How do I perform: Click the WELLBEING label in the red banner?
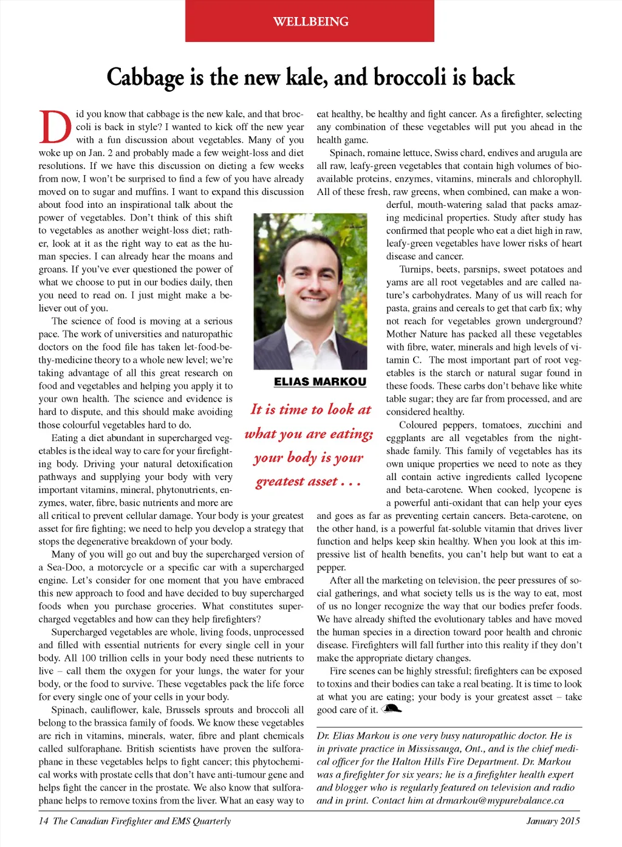tap(310, 22)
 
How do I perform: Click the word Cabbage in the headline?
tap(145, 78)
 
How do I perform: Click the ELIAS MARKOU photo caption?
tap(320, 382)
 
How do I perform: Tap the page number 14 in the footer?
tap(44, 821)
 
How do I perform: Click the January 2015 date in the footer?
tap(553, 821)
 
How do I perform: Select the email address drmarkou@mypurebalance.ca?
tap(500, 800)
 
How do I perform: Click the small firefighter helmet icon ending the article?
tap(391, 708)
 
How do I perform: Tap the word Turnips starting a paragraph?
tap(415, 269)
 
